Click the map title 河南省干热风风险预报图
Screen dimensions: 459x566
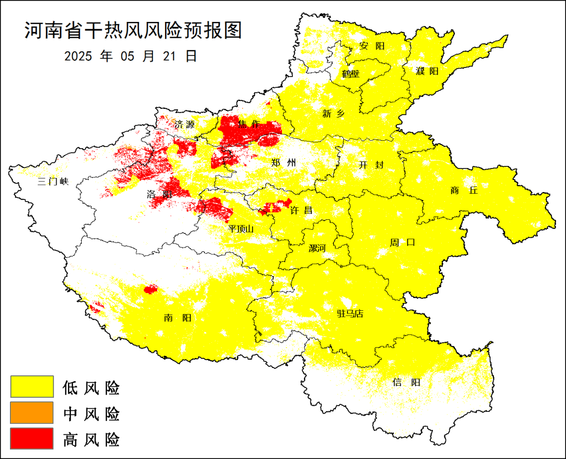click(133, 31)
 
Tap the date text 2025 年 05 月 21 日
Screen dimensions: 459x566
click(130, 56)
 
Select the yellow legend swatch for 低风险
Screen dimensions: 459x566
click(32, 387)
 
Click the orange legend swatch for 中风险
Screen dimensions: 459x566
click(32, 412)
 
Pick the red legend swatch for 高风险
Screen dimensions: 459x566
click(32, 438)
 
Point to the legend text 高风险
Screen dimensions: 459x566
click(91, 439)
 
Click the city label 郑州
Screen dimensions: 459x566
click(284, 163)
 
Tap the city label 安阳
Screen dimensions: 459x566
click(372, 46)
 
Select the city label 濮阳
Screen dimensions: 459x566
click(427, 71)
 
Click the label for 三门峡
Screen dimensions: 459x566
click(53, 182)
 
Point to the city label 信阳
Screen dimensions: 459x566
click(406, 382)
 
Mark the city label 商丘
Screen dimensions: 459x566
click(464, 191)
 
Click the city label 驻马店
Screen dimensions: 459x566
click(350, 314)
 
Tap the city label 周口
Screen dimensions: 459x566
click(402, 242)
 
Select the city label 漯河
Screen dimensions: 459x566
click(317, 248)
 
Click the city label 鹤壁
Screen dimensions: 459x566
click(351, 74)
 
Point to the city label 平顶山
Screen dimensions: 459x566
click(241, 229)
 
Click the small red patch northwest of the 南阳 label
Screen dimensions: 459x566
click(151, 289)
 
